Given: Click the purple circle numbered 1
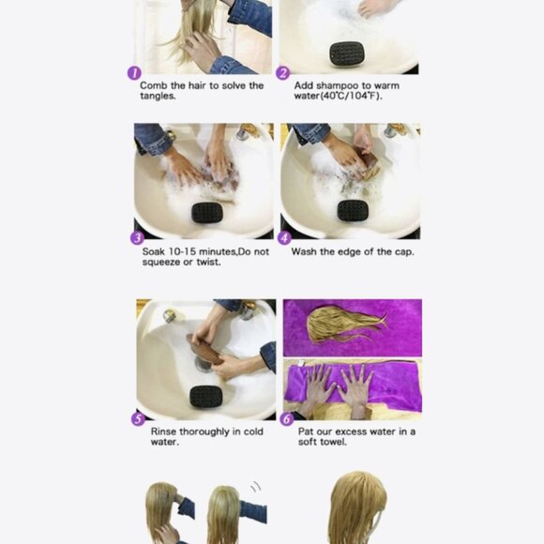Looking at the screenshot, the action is (134, 73).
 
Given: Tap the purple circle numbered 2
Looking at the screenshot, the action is (282, 73).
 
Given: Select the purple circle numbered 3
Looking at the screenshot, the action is (137, 238).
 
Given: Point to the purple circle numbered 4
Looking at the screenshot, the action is (284, 238).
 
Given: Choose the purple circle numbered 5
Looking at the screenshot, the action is (138, 419).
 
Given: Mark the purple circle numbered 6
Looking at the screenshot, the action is (287, 419).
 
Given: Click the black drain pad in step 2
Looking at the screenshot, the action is (347, 53).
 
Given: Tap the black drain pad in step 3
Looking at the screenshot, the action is (207, 213).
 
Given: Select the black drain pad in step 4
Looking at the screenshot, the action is (353, 211).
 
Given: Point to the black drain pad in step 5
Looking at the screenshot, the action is (205, 396).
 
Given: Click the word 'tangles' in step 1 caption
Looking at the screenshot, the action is (158, 96).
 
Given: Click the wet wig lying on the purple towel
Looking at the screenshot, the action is (344, 324).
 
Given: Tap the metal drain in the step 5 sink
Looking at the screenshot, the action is (204, 364).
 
